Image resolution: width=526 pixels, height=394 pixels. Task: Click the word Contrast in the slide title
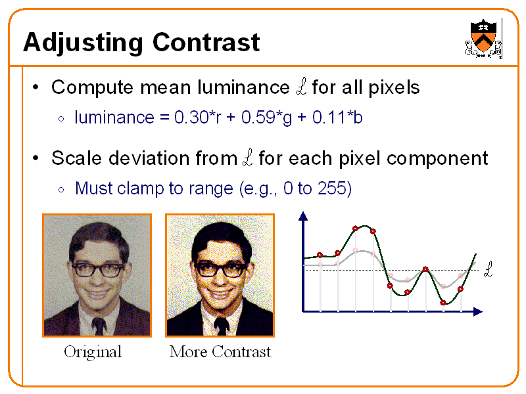point(206,43)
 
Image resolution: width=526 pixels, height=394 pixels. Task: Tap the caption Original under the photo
point(93,352)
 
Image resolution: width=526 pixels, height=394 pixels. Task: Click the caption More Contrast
point(220,352)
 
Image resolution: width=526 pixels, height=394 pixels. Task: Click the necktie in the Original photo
point(99,326)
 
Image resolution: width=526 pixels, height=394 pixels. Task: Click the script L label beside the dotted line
point(488,269)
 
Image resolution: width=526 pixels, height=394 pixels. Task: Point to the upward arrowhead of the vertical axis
point(302,217)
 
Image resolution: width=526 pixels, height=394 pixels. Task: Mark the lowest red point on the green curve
point(443,303)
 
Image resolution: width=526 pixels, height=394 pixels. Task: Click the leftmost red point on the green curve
point(320,255)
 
